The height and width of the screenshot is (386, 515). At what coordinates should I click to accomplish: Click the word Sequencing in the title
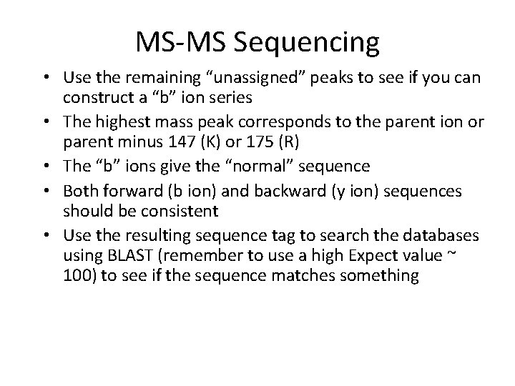(x=318, y=44)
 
